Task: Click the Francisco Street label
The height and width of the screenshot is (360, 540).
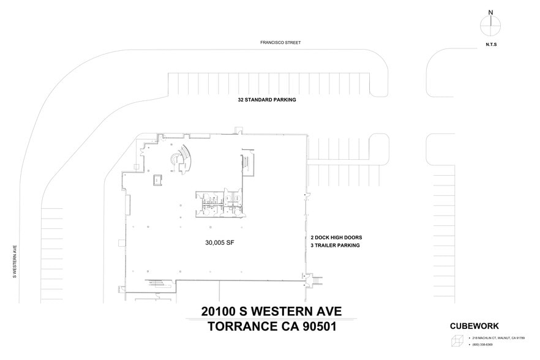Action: click(x=280, y=43)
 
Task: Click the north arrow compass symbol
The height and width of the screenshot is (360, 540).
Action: click(x=490, y=26)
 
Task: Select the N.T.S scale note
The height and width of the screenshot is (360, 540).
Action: click(x=490, y=45)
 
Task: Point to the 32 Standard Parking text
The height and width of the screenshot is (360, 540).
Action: click(x=267, y=99)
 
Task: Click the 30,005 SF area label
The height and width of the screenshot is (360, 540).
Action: click(x=220, y=242)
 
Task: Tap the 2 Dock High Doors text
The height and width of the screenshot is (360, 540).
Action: click(x=336, y=237)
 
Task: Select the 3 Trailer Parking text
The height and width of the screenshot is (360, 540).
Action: click(x=334, y=246)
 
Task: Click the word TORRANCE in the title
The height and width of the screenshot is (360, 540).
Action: click(x=234, y=327)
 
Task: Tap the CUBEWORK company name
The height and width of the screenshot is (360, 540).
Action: click(x=479, y=326)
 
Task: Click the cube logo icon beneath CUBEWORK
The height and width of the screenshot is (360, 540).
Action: click(x=457, y=341)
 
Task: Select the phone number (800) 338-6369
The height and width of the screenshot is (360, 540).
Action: click(x=482, y=345)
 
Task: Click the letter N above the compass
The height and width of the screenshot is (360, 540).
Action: click(x=490, y=12)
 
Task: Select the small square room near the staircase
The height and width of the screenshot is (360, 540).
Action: click(x=157, y=179)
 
